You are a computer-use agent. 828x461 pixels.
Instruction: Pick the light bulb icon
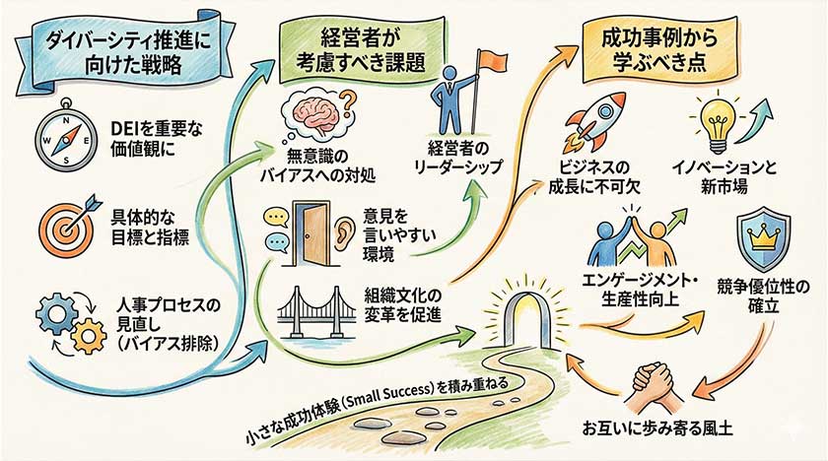712,120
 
